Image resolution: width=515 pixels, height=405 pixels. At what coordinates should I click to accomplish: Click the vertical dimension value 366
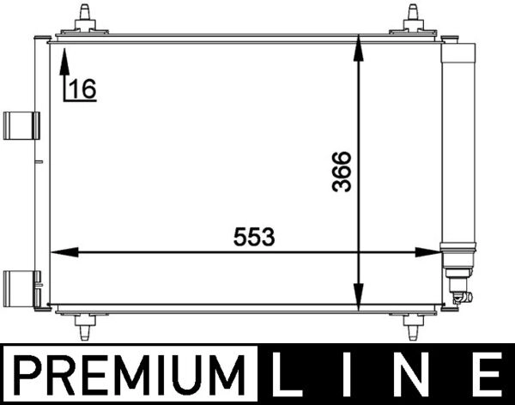[342, 172]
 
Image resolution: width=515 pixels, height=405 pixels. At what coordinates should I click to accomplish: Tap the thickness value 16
[82, 88]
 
